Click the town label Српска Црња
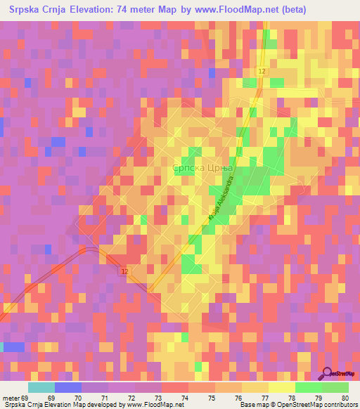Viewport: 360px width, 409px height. [x=202, y=168]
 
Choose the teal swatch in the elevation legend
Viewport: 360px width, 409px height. [x=41, y=388]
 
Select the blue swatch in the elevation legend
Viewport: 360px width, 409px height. [x=68, y=388]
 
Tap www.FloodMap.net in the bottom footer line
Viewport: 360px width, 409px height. [x=159, y=404]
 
